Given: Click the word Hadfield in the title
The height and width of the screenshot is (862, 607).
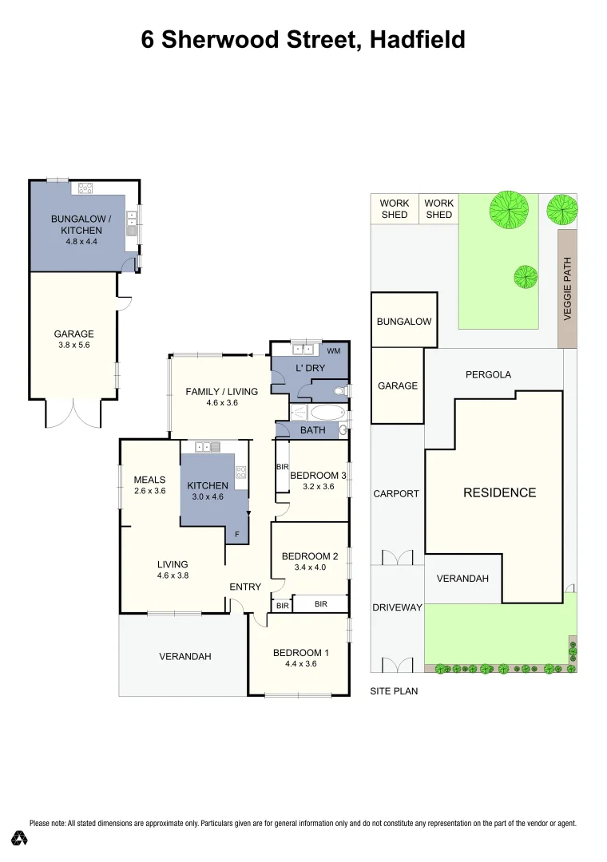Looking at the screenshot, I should (418, 39).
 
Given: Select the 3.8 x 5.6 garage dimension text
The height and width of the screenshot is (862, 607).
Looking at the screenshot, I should (73, 346).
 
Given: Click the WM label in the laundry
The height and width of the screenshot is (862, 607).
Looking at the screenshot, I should (334, 350).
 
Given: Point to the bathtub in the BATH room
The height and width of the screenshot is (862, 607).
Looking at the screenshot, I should (327, 413).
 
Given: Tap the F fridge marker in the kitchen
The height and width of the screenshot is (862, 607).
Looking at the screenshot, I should (236, 534).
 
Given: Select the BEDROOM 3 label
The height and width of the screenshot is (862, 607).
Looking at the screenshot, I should (318, 476).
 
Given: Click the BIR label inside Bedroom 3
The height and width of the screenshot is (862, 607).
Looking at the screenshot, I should (281, 466).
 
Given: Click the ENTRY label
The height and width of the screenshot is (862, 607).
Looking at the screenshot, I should (245, 587).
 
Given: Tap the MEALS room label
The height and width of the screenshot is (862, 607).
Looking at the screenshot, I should (149, 480).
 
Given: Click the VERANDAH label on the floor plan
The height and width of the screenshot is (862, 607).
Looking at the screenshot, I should (184, 657).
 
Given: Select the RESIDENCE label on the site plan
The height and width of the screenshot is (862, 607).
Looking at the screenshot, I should (499, 492).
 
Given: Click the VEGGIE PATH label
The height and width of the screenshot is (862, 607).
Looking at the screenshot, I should (568, 289).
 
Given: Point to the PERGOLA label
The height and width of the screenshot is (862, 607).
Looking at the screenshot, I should (488, 374).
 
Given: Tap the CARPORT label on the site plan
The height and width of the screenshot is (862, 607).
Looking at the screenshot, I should (396, 493).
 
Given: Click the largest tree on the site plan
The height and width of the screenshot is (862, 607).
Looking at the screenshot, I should (509, 209).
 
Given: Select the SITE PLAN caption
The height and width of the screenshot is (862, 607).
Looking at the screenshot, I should (394, 691).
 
